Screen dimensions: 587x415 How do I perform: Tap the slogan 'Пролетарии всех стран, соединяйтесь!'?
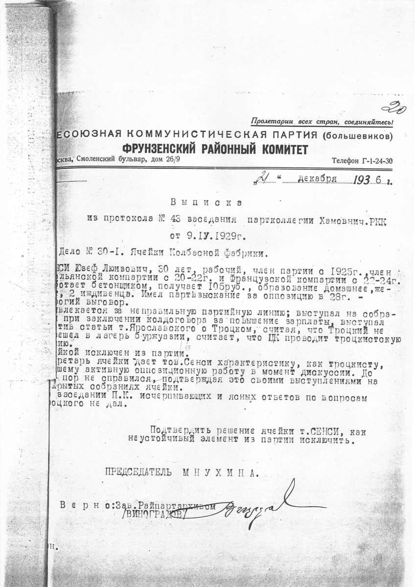click(x=322, y=122)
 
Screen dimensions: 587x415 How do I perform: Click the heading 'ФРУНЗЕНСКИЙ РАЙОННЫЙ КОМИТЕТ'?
click(x=215, y=150)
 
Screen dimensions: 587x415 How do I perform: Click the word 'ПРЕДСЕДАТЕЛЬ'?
click(x=138, y=473)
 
